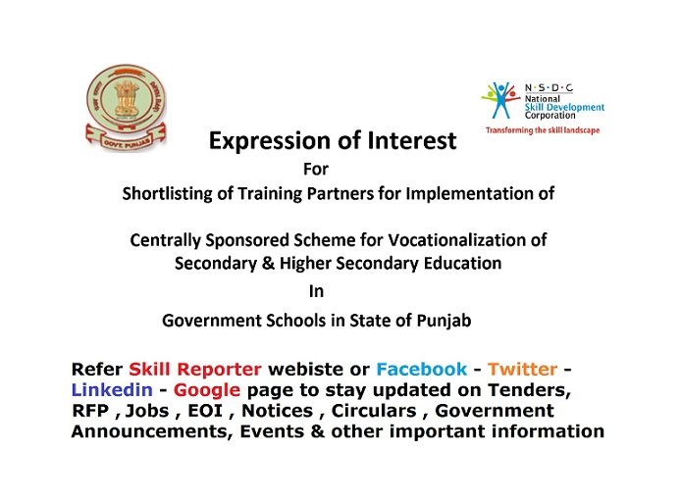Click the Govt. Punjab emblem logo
[126, 108]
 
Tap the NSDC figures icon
[500, 100]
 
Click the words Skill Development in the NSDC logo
[564, 107]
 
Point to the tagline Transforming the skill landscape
[543, 130]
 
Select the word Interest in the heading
[412, 140]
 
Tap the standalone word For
[316, 169]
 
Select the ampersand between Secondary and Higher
[268, 264]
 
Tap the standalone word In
[316, 291]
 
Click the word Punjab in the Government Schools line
[444, 322]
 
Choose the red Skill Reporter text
[195, 370]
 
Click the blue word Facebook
[422, 370]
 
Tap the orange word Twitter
[522, 370]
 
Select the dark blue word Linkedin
[112, 389]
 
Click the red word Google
[207, 390]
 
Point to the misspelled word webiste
[306, 370]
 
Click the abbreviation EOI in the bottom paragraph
[205, 411]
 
